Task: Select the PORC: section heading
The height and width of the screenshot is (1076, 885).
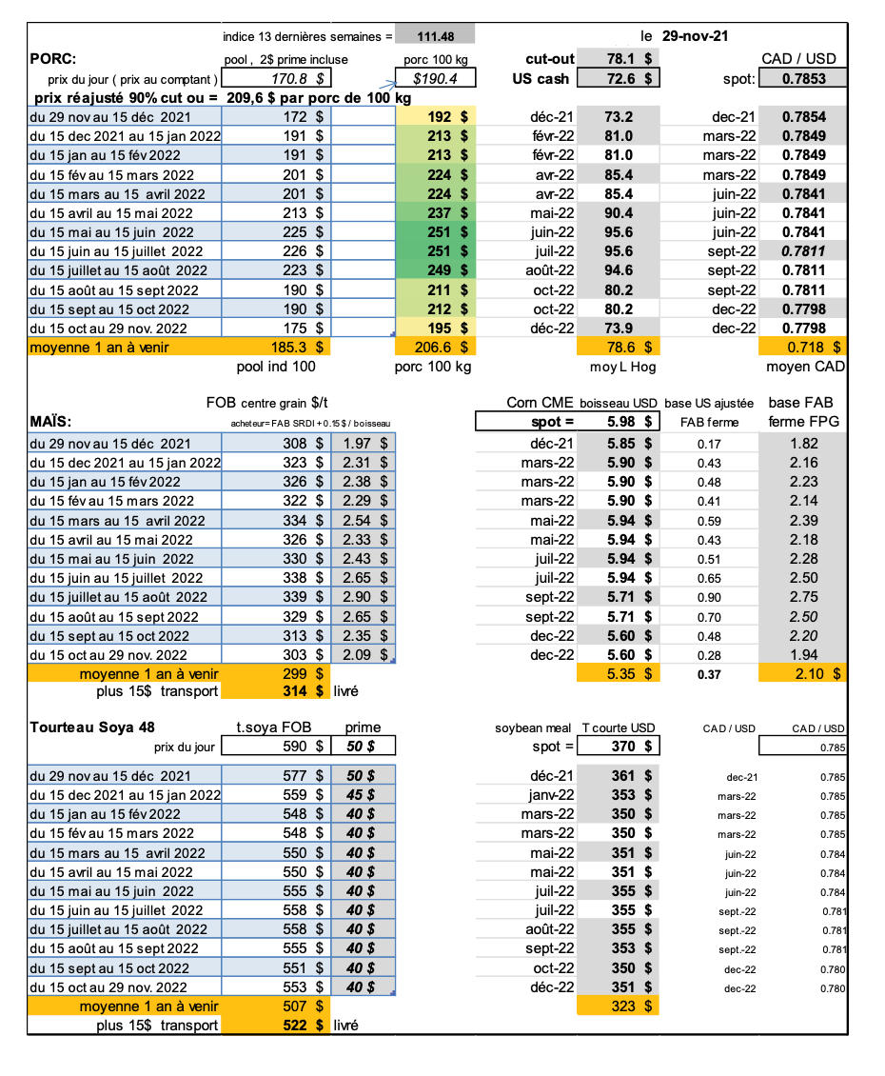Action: tap(54, 58)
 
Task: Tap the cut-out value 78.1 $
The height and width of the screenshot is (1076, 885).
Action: tap(629, 58)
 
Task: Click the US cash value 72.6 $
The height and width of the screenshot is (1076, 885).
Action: tap(629, 78)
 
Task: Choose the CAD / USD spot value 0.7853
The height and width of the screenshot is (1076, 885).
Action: tap(803, 79)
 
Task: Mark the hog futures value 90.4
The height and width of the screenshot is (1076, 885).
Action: tap(619, 212)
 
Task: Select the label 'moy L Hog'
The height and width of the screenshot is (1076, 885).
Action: tap(619, 367)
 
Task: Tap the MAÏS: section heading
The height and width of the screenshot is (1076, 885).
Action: tap(54, 421)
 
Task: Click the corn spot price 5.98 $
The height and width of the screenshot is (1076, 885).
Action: tap(629, 421)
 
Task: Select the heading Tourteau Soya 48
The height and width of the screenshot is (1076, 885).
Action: tap(92, 727)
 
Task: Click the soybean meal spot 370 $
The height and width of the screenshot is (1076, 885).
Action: tap(629, 747)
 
